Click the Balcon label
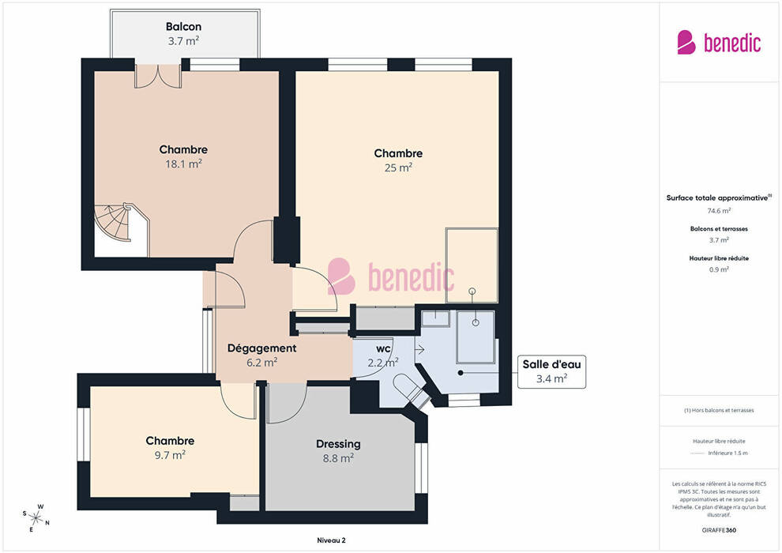coord(183,26)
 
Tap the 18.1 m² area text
coord(183,164)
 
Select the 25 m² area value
coord(398,167)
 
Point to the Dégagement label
coord(261,348)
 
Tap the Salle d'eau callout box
coord(551,371)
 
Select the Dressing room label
coord(338,444)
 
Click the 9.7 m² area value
coord(170,455)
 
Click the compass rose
coord(36,518)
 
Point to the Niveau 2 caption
coord(331,540)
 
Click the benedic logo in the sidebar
coord(719,43)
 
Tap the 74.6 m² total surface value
coord(719,211)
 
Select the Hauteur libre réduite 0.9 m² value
coord(719,269)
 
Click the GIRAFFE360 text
coord(719,530)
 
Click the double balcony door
coord(158,77)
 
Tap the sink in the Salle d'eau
coord(435,318)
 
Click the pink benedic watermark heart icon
coord(341,276)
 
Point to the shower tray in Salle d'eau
coord(476,337)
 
